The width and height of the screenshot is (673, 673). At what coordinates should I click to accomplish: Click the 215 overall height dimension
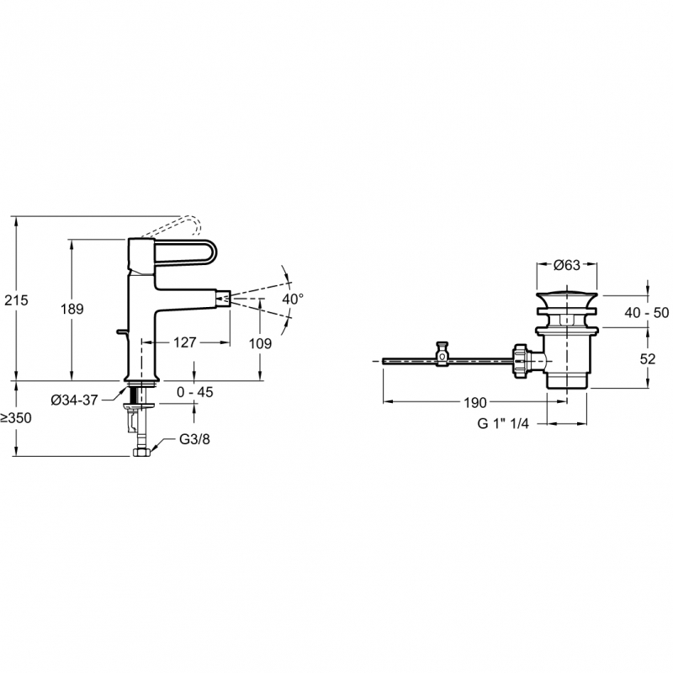(16, 300)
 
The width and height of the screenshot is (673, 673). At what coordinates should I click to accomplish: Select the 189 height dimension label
(72, 309)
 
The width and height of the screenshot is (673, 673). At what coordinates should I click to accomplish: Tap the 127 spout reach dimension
(184, 342)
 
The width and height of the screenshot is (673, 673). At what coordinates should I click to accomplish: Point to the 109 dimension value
(261, 343)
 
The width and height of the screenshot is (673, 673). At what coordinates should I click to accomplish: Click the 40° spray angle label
(293, 299)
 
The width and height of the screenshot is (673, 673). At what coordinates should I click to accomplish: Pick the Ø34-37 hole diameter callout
(74, 400)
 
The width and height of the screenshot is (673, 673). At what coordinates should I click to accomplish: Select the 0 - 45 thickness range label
(195, 392)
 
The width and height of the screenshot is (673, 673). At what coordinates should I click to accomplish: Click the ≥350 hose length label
(16, 417)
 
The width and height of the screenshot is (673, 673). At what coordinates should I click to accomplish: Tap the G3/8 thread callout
(194, 439)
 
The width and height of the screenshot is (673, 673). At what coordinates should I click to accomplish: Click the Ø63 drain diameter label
(566, 265)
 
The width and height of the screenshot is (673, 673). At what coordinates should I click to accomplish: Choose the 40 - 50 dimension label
(646, 312)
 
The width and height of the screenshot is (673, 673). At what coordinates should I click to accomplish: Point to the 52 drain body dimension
(648, 359)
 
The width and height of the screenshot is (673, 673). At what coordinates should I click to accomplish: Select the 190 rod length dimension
(475, 403)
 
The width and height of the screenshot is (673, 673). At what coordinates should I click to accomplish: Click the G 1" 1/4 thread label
(503, 423)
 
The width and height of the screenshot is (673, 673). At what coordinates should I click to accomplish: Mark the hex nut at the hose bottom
(141, 453)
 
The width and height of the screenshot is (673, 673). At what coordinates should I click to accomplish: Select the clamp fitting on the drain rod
(442, 353)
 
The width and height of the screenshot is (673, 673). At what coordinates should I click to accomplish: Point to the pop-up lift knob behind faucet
(122, 331)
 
